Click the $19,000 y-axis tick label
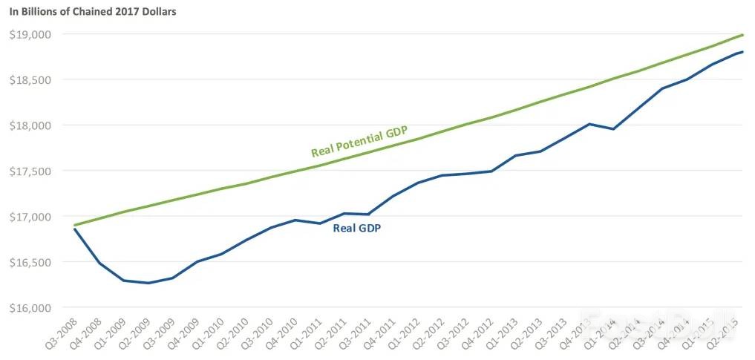30,34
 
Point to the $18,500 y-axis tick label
30,80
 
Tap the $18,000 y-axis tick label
30,125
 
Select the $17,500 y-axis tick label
30,171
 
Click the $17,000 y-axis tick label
30,217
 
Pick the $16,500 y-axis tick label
30,263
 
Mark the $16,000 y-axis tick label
30,308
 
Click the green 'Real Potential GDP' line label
359,141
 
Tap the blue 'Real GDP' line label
356,229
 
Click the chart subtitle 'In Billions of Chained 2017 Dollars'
93,13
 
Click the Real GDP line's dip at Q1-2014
613,129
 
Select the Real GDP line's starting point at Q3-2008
74,229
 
